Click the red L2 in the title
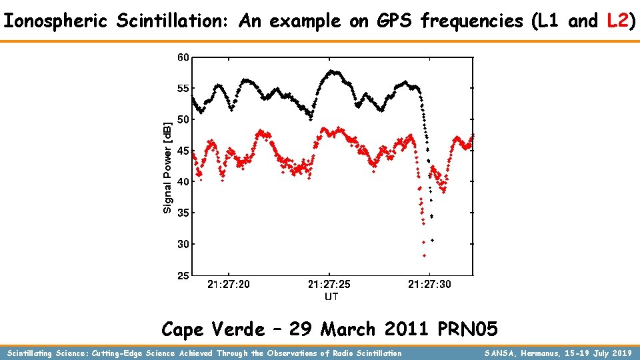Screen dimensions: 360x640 click(x=618, y=21)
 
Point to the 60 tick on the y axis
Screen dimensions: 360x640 click(x=183, y=57)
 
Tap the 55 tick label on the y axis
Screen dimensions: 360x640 click(x=183, y=88)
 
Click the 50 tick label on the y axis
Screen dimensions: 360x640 click(x=183, y=119)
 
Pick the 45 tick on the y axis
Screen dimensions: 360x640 click(x=183, y=151)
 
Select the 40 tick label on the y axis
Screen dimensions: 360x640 click(x=183, y=181)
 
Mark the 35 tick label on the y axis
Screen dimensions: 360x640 click(x=183, y=213)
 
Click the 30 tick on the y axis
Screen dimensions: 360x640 click(x=183, y=244)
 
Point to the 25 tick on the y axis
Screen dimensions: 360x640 click(x=183, y=275)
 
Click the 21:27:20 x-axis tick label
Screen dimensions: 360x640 click(x=229, y=285)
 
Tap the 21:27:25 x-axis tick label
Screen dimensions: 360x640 click(x=329, y=285)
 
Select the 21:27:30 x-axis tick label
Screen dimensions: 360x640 click(x=429, y=285)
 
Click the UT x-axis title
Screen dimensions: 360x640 click(x=331, y=296)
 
